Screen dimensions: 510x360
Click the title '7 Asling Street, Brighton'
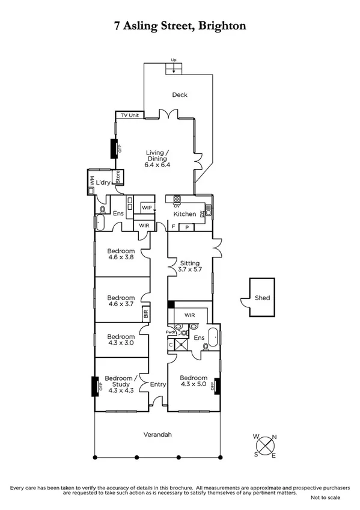(x=180, y=26)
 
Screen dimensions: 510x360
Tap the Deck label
(x=180, y=95)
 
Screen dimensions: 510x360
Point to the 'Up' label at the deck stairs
(x=174, y=61)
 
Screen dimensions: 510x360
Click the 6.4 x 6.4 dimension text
(x=158, y=165)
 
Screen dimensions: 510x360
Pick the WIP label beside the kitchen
(x=147, y=207)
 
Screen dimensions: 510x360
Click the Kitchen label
(x=185, y=214)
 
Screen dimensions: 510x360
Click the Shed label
(x=263, y=298)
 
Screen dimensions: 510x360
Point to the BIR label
(x=145, y=313)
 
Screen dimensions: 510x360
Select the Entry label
(x=158, y=384)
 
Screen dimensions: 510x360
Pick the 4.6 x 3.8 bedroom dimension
(x=120, y=257)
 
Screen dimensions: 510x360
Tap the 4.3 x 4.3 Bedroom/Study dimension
(x=120, y=390)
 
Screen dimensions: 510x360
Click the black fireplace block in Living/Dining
(x=112, y=149)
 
